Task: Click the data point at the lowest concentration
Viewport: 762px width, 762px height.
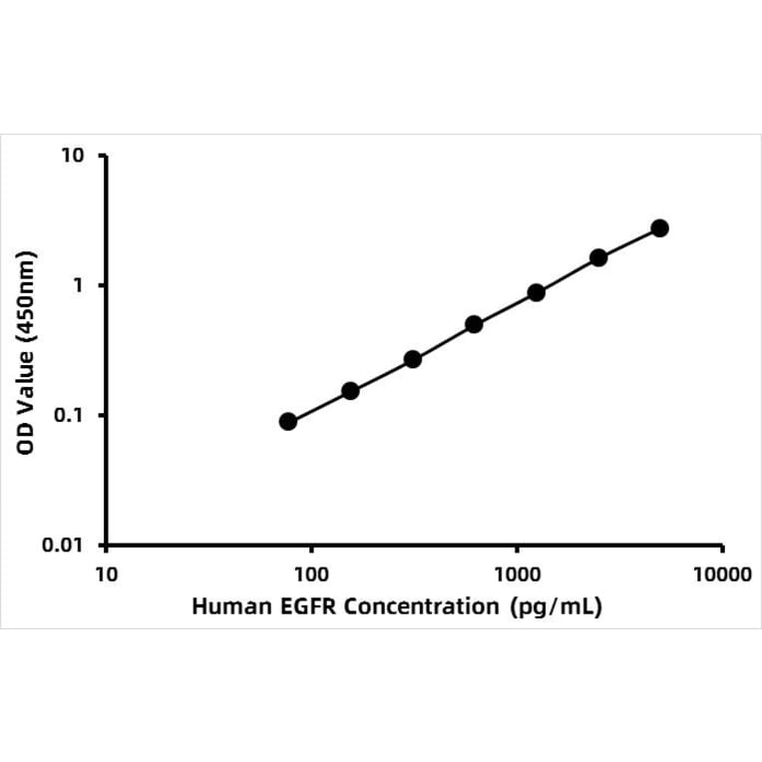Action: tap(288, 422)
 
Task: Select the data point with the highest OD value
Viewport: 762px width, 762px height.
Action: tap(659, 228)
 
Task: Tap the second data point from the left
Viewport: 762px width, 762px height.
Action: tap(350, 391)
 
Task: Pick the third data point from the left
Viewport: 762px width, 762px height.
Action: tap(412, 359)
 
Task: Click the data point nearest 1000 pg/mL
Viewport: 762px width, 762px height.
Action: tap(536, 292)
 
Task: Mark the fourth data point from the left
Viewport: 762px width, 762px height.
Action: tap(474, 324)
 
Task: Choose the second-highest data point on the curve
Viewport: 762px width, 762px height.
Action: tap(598, 257)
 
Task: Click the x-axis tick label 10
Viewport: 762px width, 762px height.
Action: tap(106, 574)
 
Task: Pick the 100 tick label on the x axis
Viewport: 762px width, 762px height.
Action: tap(311, 574)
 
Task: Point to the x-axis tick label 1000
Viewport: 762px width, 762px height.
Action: tap(517, 574)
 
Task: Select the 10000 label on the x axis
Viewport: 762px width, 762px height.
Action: tap(722, 574)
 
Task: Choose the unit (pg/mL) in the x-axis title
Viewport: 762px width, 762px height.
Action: tap(555, 606)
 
